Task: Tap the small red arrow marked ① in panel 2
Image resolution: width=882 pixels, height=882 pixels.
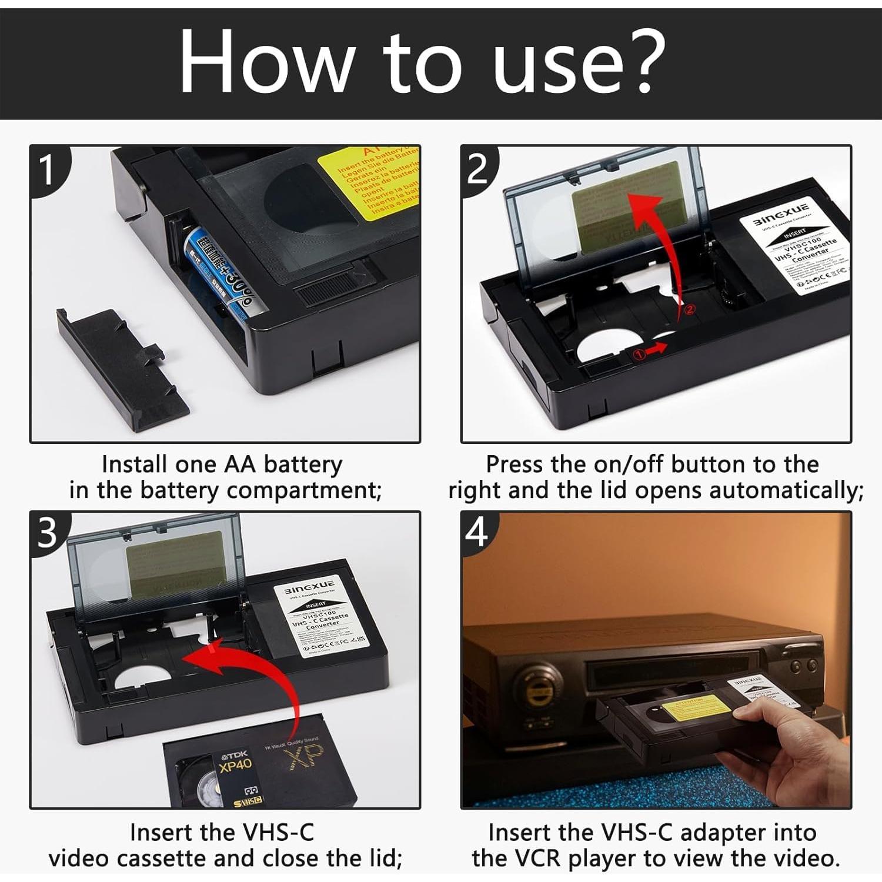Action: click(649, 351)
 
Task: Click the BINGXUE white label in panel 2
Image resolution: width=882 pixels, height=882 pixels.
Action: click(794, 247)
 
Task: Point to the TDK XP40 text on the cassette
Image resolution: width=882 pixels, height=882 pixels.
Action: click(235, 762)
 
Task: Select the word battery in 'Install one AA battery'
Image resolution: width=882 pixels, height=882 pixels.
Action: click(302, 465)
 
